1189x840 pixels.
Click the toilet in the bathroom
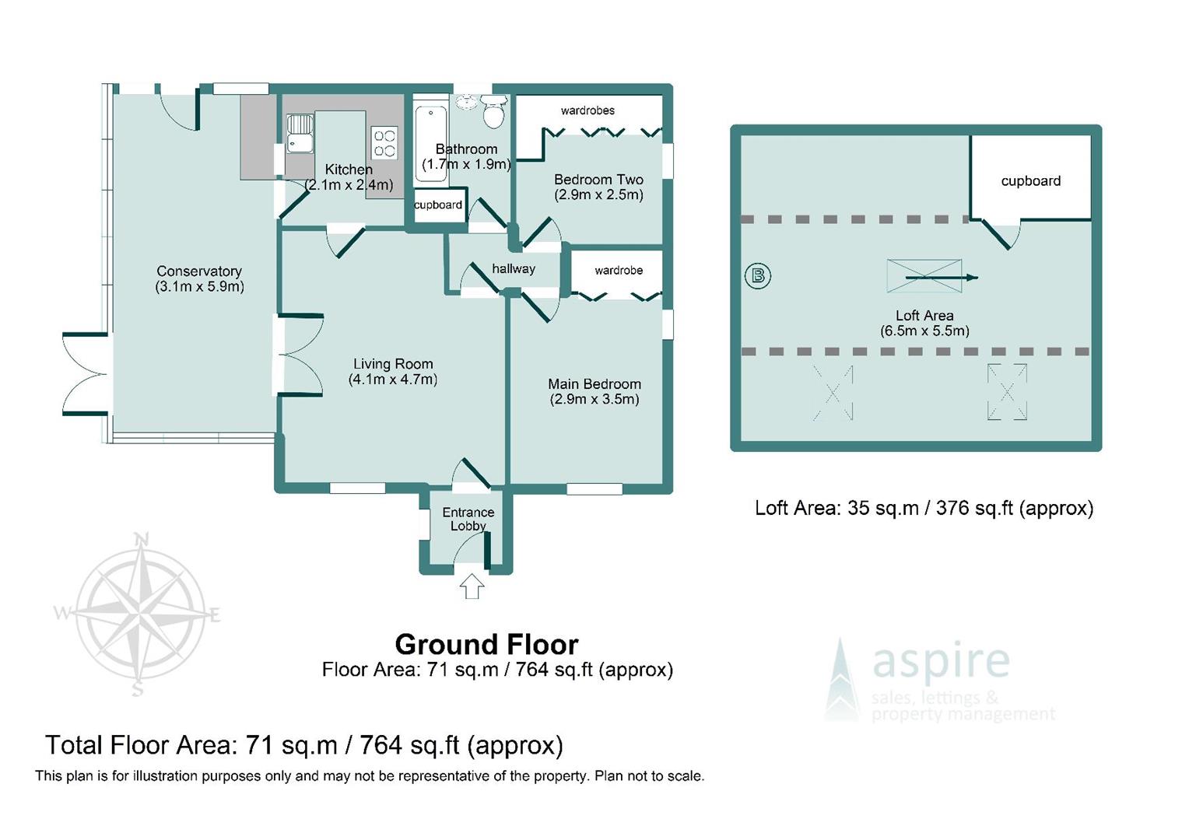click(x=493, y=111)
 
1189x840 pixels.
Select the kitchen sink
click(x=300, y=133)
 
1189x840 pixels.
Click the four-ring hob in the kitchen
click(x=384, y=143)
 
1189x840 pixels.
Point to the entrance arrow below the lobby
click(x=472, y=586)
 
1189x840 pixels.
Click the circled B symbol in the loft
click(x=757, y=276)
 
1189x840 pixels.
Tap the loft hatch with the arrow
click(x=924, y=276)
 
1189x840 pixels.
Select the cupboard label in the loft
click(x=1031, y=181)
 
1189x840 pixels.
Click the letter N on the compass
click(x=142, y=539)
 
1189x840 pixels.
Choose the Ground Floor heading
click(x=487, y=645)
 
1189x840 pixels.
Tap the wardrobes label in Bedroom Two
click(x=587, y=110)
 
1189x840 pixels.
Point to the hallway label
click(x=514, y=269)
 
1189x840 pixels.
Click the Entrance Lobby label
click(x=468, y=519)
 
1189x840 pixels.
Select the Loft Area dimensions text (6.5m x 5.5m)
click(x=924, y=331)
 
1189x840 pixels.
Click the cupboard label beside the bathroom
click(x=438, y=205)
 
